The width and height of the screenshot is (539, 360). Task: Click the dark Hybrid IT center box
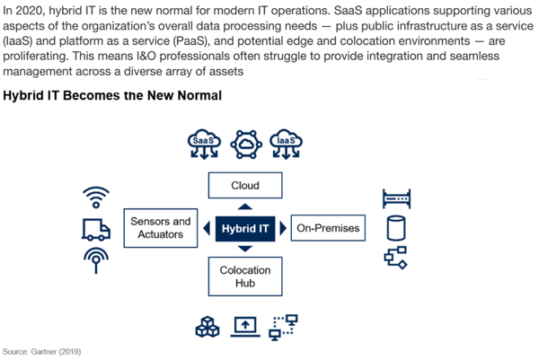pos(245,228)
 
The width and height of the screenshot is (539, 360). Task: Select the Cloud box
pos(245,186)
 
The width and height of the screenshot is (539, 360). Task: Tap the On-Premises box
pos(328,228)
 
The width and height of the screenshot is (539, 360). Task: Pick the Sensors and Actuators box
pos(161,228)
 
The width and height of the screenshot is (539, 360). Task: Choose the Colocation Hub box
pos(245,277)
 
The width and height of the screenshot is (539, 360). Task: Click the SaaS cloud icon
pos(204,145)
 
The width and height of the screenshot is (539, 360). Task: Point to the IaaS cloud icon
pos(286,145)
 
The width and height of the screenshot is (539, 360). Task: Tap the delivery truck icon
pos(96,230)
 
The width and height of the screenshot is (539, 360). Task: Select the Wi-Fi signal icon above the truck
pos(96,198)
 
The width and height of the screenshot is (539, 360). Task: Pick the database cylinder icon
pos(396,228)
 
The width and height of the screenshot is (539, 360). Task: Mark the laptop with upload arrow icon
pos(245,327)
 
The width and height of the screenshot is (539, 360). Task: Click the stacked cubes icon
pos(208,327)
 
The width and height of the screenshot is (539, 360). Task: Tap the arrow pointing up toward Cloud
pos(245,206)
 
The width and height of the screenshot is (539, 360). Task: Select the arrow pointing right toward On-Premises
pos(283,228)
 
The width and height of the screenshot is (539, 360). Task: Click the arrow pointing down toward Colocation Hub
pos(245,249)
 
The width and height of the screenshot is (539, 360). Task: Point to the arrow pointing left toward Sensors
pos(207,228)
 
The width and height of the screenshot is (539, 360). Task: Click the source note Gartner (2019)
pos(42,352)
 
